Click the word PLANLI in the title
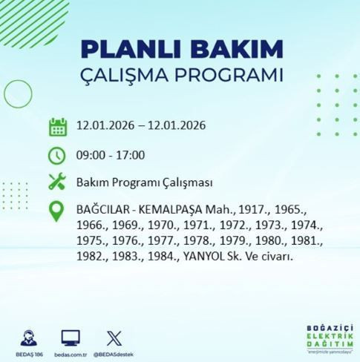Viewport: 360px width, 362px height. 125,50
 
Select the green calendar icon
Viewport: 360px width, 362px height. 58,126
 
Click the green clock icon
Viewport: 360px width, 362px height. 58,155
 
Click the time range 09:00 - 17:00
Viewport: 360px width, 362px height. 111,155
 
